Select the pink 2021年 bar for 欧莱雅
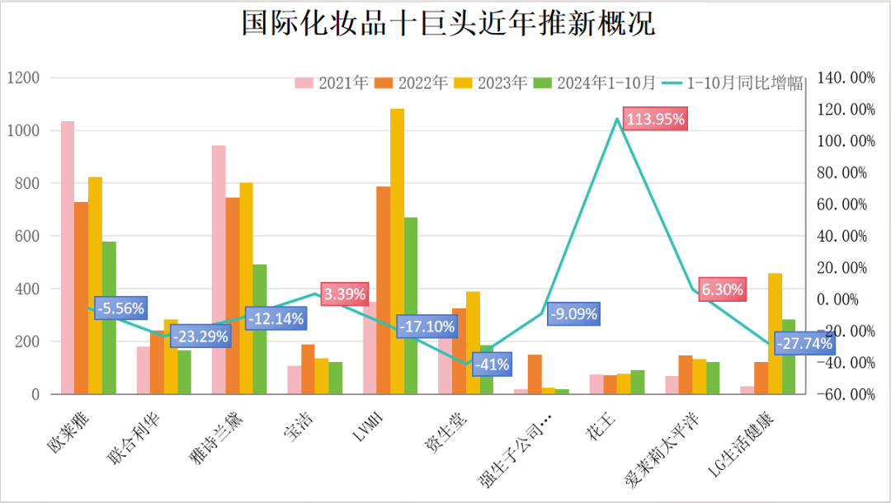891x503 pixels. (67, 256)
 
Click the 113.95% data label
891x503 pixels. (655, 120)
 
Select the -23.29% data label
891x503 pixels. (200, 336)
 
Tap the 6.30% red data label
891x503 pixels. (723, 289)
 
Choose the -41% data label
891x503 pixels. (492, 364)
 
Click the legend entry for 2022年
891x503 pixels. (412, 82)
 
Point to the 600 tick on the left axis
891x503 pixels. (27, 237)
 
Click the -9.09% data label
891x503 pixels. (572, 313)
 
